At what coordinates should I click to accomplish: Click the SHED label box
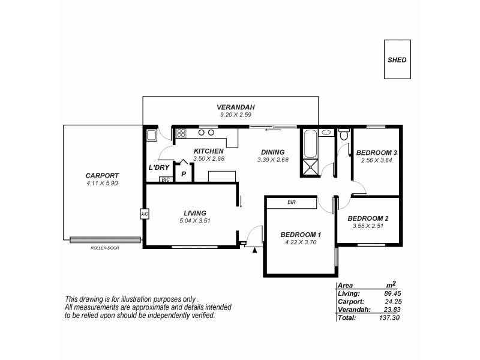point(397,60)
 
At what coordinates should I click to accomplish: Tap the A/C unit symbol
point(144,214)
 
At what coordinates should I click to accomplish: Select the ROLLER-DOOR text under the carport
point(104,247)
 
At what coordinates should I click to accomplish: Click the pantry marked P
point(183,173)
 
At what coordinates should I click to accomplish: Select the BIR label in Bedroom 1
point(291,203)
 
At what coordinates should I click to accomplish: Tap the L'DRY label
point(159,167)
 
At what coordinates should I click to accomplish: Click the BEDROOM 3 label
point(376,152)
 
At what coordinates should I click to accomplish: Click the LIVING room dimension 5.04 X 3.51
point(196,221)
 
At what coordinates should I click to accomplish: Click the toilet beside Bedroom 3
point(343,136)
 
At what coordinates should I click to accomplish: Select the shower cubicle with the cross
point(310,168)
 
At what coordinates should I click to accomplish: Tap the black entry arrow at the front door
point(256,250)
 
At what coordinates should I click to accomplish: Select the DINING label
point(271,152)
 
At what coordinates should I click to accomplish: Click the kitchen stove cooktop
point(181,133)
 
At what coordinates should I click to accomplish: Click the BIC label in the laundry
point(164,179)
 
